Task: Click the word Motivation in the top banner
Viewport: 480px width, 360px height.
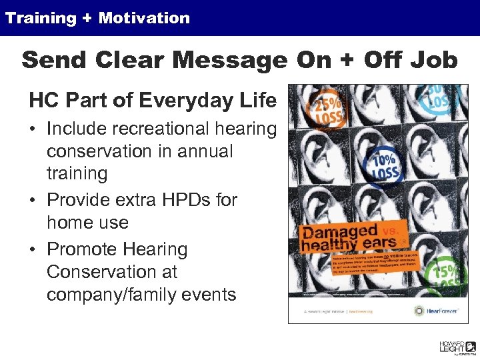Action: coord(144,18)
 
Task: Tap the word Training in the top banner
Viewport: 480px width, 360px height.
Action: coord(41,18)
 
